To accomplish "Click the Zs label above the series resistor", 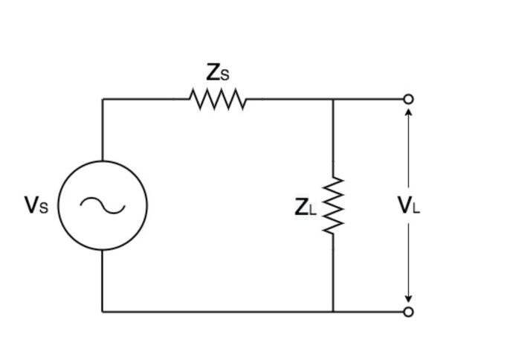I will [x=217, y=73].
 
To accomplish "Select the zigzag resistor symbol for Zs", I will [x=217, y=99].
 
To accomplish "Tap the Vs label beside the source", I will [x=36, y=205].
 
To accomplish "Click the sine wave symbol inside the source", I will [x=103, y=205].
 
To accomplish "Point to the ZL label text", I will [x=305, y=207].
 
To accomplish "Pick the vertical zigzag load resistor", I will [x=333, y=205].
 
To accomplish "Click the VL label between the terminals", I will [x=408, y=205].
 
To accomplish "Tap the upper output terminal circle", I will [x=408, y=99].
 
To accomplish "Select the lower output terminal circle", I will [x=408, y=312].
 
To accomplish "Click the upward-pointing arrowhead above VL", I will [x=408, y=112].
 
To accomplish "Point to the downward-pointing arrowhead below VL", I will [x=408, y=298].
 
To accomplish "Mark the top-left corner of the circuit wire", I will [x=103, y=99].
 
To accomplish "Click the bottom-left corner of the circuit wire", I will [x=103, y=312].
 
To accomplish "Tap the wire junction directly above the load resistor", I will [x=333, y=99].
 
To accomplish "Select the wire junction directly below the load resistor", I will [x=333, y=312].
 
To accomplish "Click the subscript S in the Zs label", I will [x=225, y=75].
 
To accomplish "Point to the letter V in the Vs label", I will [x=31, y=205].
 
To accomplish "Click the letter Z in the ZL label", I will [x=301, y=206].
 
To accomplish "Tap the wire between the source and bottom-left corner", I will [x=103, y=281].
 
